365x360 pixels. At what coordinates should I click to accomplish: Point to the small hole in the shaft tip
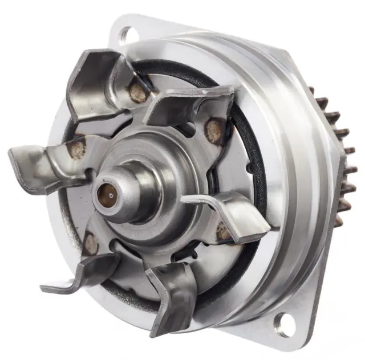pos(106,195)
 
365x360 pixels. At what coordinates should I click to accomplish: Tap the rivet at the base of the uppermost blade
pos(137,92)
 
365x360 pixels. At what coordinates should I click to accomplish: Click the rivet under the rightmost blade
pos(224,232)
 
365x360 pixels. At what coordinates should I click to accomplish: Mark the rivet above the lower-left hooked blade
pos(90,244)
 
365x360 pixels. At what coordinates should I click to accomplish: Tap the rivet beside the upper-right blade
pos(213,131)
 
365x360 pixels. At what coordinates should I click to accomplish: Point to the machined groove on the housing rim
pos(297,188)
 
